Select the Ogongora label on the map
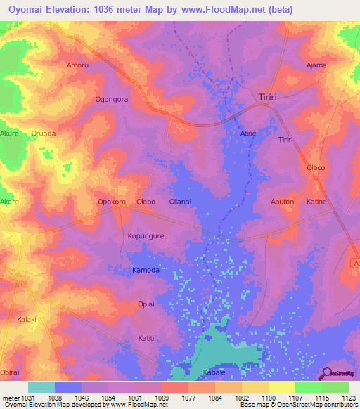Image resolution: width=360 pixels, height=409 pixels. point(112,100)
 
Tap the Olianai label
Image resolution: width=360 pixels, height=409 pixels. point(180,202)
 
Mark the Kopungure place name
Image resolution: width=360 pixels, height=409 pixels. point(146,236)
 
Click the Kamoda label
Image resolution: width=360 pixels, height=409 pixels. point(146,270)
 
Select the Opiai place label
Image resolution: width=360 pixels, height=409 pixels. point(146,304)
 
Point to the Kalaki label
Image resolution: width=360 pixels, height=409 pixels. point(26,319)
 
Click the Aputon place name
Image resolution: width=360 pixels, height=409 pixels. point(282,202)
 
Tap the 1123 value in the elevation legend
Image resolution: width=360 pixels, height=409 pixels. point(347,398)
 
